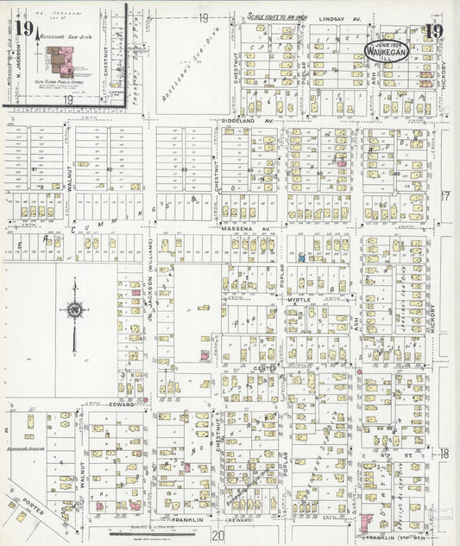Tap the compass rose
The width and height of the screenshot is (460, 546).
tap(75, 309)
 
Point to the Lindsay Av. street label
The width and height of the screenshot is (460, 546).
tap(337, 17)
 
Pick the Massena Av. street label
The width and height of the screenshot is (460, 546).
tap(245, 229)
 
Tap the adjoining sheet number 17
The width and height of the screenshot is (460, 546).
tap(445, 196)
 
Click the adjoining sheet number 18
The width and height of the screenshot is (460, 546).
tap(445, 453)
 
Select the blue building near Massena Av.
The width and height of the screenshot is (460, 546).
tap(300, 257)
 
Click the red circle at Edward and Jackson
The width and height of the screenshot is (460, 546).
tap(145, 400)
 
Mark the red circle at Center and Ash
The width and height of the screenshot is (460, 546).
tap(358, 372)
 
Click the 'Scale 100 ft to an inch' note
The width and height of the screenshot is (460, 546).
tap(278, 16)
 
